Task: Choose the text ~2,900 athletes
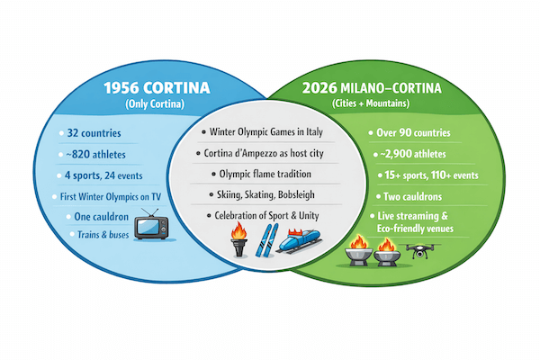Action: pos(416,154)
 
